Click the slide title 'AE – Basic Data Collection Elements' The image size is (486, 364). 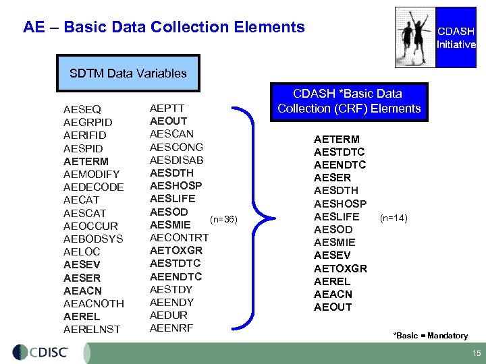pyautogui.click(x=164, y=28)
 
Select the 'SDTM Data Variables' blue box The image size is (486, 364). pyautogui.click(x=128, y=73)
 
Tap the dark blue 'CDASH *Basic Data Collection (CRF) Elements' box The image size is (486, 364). pyautogui.click(x=348, y=101)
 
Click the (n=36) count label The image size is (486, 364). pyautogui.click(x=223, y=219)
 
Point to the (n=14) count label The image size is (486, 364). pyautogui.click(x=394, y=217)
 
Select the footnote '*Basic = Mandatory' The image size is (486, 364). pyautogui.click(x=431, y=336)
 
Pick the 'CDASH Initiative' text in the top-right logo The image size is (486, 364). pyautogui.click(x=456, y=38)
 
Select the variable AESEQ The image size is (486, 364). pyautogui.click(x=82, y=109)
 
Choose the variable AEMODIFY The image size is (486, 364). pyautogui.click(x=91, y=175)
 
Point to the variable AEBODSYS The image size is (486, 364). pyautogui.click(x=93, y=239)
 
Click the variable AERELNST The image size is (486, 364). pyautogui.click(x=92, y=329)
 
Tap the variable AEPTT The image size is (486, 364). pyautogui.click(x=167, y=108)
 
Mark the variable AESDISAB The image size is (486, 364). pyautogui.click(x=176, y=160)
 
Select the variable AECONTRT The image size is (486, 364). pyautogui.click(x=179, y=237)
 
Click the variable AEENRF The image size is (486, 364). pyautogui.click(x=171, y=328)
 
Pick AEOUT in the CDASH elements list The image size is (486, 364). pyautogui.click(x=333, y=307)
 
